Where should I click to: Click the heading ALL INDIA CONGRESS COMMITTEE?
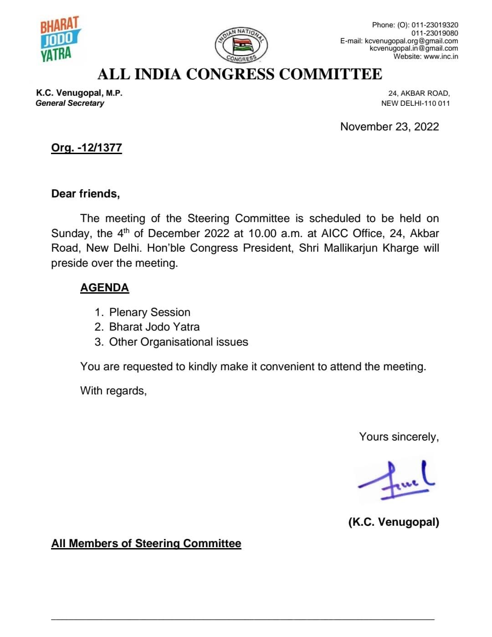[240, 74]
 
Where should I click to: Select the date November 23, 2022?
[389, 127]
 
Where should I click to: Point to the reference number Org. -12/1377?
[87, 148]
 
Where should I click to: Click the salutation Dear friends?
[86, 194]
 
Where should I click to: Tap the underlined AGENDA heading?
[104, 288]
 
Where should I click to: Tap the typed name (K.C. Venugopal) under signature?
[394, 522]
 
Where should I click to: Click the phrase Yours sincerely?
[399, 437]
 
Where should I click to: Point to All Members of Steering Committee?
[146, 544]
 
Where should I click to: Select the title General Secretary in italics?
[70, 103]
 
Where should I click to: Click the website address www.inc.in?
[441, 57]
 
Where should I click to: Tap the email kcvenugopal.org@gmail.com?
[411, 41]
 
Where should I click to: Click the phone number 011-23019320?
[435, 25]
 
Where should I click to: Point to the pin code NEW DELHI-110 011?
[415, 103]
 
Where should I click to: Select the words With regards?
[113, 391]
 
